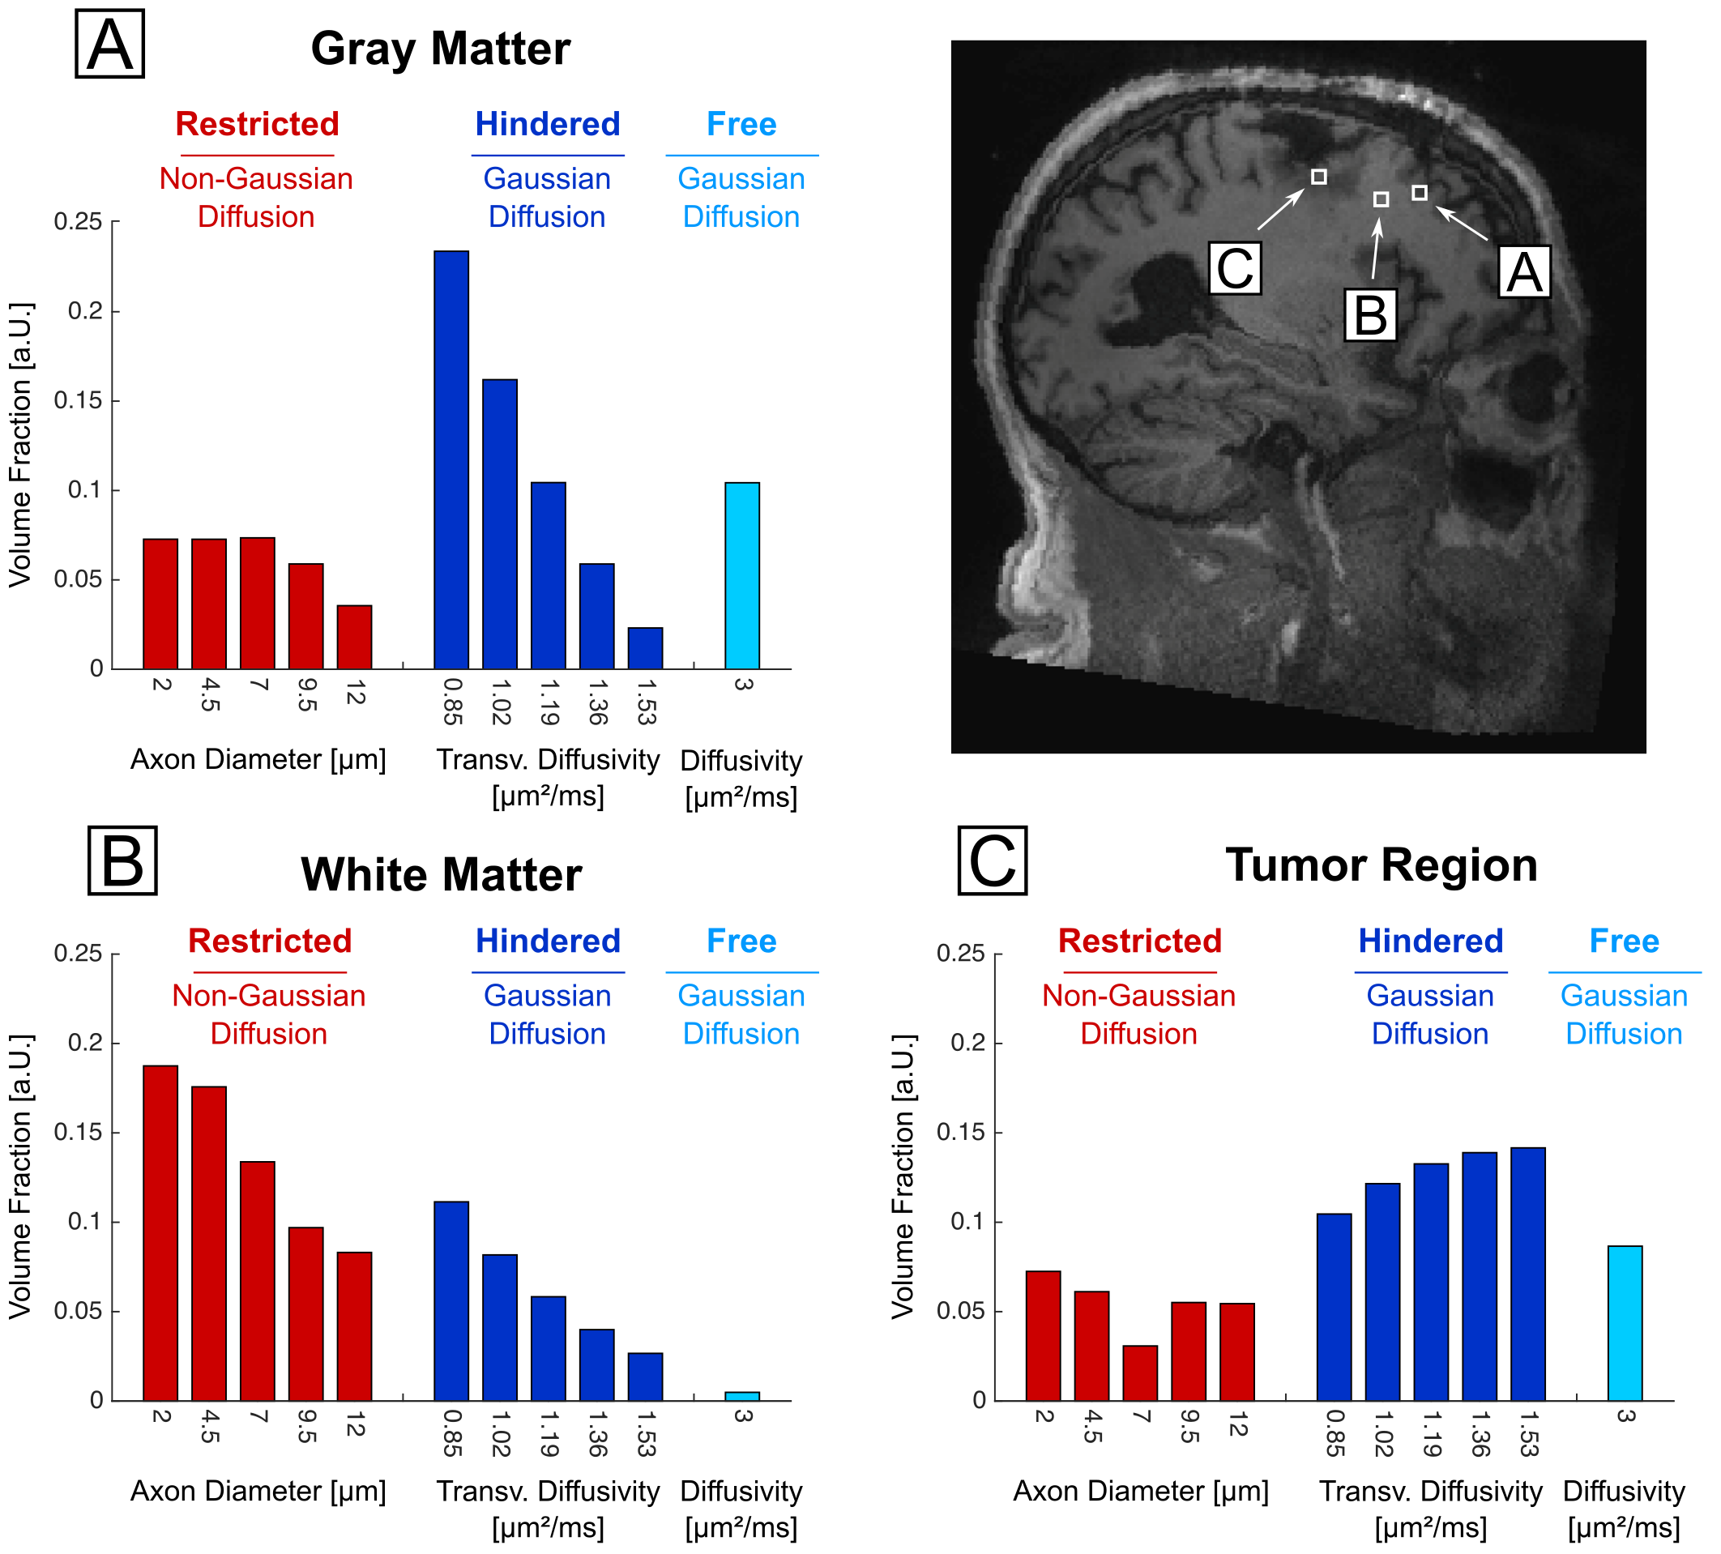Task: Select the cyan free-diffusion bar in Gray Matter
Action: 742,575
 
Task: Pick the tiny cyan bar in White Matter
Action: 742,1396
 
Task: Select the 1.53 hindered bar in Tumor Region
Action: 1527,1274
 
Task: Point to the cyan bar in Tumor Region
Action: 1625,1322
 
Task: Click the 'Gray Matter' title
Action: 441,49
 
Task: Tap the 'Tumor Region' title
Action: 1381,865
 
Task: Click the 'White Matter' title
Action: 442,875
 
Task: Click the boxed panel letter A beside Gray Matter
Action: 110,45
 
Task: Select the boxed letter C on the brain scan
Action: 1234,268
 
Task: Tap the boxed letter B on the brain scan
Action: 1370,314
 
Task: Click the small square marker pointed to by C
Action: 1319,177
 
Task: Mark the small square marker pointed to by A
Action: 1419,193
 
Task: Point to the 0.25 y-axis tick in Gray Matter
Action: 79,222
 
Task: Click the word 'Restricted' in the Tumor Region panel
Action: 1140,941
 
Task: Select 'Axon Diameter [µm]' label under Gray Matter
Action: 258,759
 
